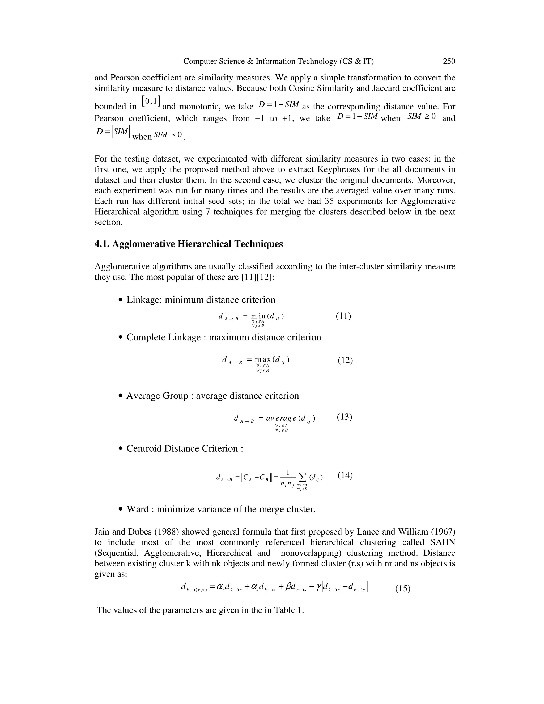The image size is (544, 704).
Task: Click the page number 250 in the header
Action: coord(449,61)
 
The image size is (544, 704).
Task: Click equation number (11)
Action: coord(343,316)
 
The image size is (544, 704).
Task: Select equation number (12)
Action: coord(345,360)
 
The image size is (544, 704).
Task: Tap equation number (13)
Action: coord(345,417)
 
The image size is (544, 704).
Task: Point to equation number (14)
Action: coord(345,475)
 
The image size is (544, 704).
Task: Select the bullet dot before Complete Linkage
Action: coord(121,337)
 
